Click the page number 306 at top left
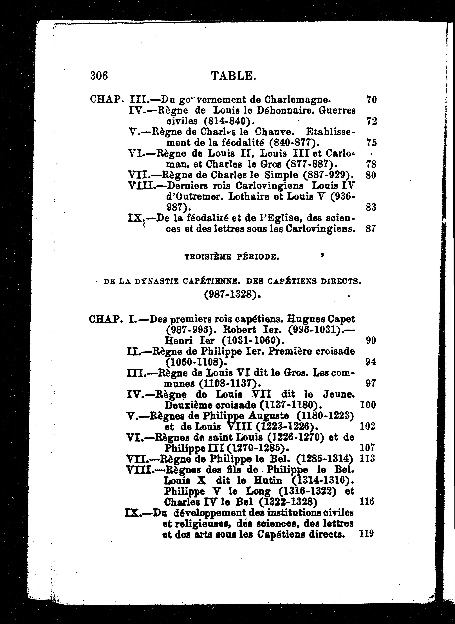pyautogui.click(x=99, y=75)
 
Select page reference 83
pyautogui.click(x=371, y=207)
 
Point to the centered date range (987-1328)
pyautogui.click(x=232, y=295)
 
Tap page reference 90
pyautogui.click(x=371, y=341)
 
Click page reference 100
pyautogui.click(x=368, y=405)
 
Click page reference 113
pyautogui.click(x=367, y=459)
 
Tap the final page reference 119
pyautogui.click(x=367, y=534)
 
